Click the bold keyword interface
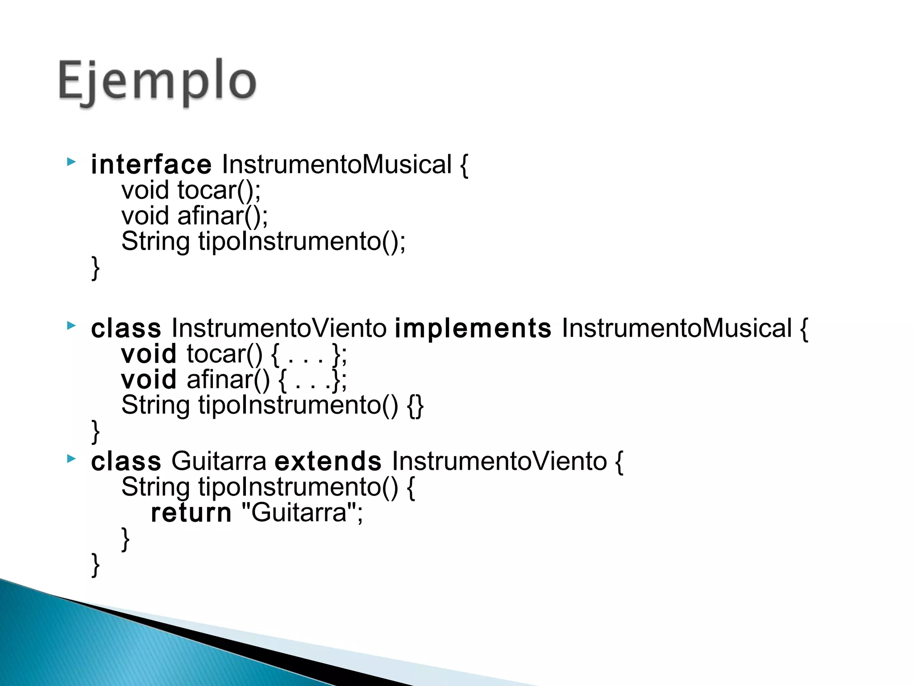tap(151, 165)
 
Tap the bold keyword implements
tap(473, 329)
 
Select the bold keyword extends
tap(328, 461)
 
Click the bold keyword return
tap(191, 513)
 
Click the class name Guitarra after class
tap(219, 461)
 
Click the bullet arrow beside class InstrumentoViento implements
tap(71, 326)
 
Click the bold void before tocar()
tap(149, 354)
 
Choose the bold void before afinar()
tap(149, 380)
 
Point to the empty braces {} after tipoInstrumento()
tap(415, 406)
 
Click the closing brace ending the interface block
tap(95, 268)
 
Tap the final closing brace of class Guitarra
tap(95, 565)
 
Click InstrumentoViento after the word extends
tap(499, 461)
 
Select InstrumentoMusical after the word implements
tap(677, 329)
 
